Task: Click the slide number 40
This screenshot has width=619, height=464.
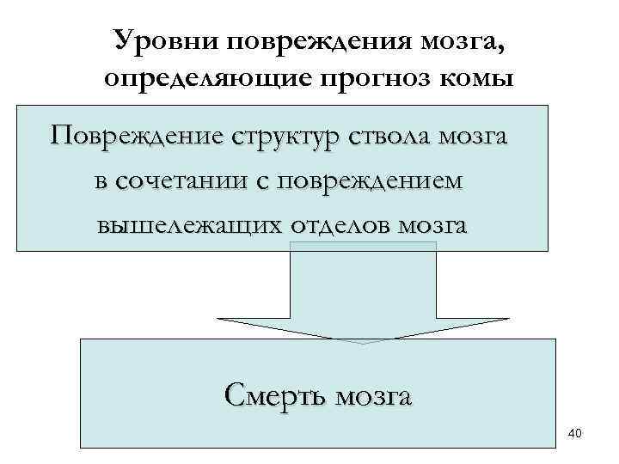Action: (574, 434)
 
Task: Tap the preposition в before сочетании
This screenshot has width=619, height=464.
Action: (101, 182)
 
